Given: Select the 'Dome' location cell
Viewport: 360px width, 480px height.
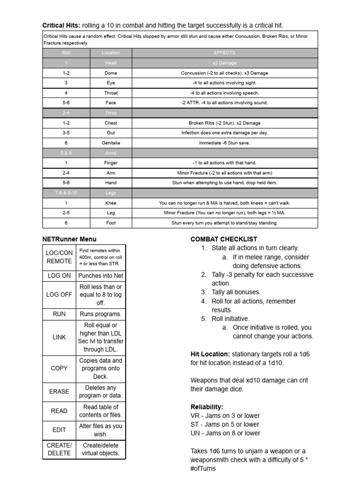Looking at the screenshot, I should (111, 73).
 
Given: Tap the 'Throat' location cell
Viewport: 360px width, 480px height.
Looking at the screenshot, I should (111, 93).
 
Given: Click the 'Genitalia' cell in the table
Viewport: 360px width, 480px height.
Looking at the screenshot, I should (111, 142).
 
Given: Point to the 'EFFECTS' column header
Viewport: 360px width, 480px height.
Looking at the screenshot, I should (225, 53).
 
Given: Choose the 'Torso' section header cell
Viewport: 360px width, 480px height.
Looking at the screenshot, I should (111, 113).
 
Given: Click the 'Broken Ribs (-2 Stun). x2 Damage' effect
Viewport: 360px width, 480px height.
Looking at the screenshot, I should (225, 123).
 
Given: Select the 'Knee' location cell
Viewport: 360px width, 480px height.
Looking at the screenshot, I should (111, 203).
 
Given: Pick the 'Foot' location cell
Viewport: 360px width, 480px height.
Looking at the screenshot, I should (111, 223).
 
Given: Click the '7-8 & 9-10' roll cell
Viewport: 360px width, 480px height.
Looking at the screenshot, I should (66, 193).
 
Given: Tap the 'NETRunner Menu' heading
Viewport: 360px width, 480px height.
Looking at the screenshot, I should (69, 239).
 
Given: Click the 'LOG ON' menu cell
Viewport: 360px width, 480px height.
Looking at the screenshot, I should (59, 276).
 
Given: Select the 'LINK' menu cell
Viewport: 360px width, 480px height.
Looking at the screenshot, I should (59, 337).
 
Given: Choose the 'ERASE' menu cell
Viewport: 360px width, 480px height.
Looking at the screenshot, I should (59, 391).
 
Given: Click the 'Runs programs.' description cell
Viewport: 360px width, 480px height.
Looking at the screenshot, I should (101, 314).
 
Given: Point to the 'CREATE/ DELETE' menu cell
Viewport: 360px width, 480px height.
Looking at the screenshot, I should (59, 449).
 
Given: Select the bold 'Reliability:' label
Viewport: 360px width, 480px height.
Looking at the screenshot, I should (207, 406).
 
